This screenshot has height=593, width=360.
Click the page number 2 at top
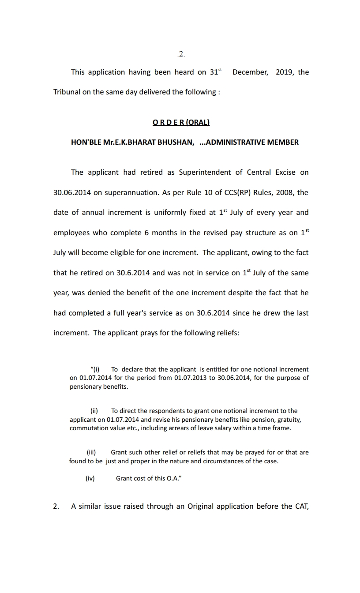coord(181,55)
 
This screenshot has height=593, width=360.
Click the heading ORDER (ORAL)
coord(181,122)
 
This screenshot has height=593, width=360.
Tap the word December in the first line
coord(250,72)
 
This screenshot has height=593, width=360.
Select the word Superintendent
coord(205,173)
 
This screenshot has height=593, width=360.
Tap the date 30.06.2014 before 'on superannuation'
coord(71,193)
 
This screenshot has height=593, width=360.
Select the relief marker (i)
coord(95,369)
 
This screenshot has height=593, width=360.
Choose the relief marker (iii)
coord(91,452)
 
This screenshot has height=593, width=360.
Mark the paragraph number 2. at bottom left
coord(56,507)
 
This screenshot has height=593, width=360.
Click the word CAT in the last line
coord(302,507)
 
